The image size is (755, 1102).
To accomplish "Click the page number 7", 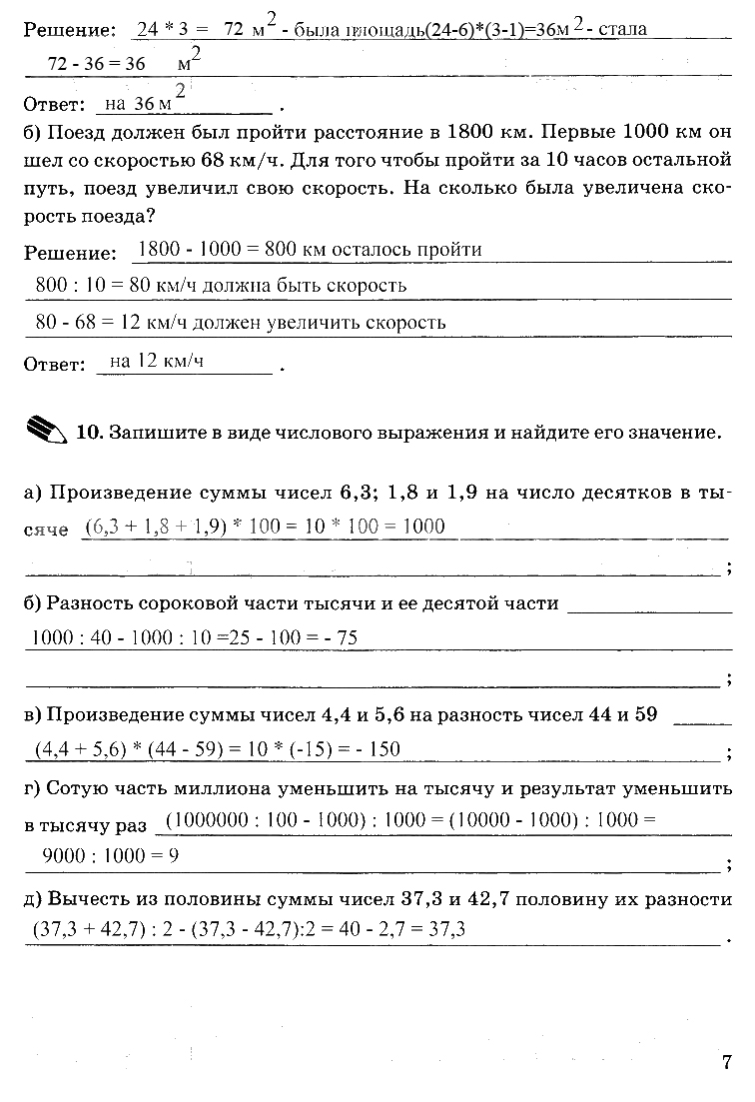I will click(727, 1062).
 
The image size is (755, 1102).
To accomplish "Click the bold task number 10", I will click(89, 434).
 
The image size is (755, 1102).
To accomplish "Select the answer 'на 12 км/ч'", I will click(157, 362).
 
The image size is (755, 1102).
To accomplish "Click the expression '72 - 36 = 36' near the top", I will click(97, 63).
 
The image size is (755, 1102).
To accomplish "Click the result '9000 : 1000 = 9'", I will click(111, 855).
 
